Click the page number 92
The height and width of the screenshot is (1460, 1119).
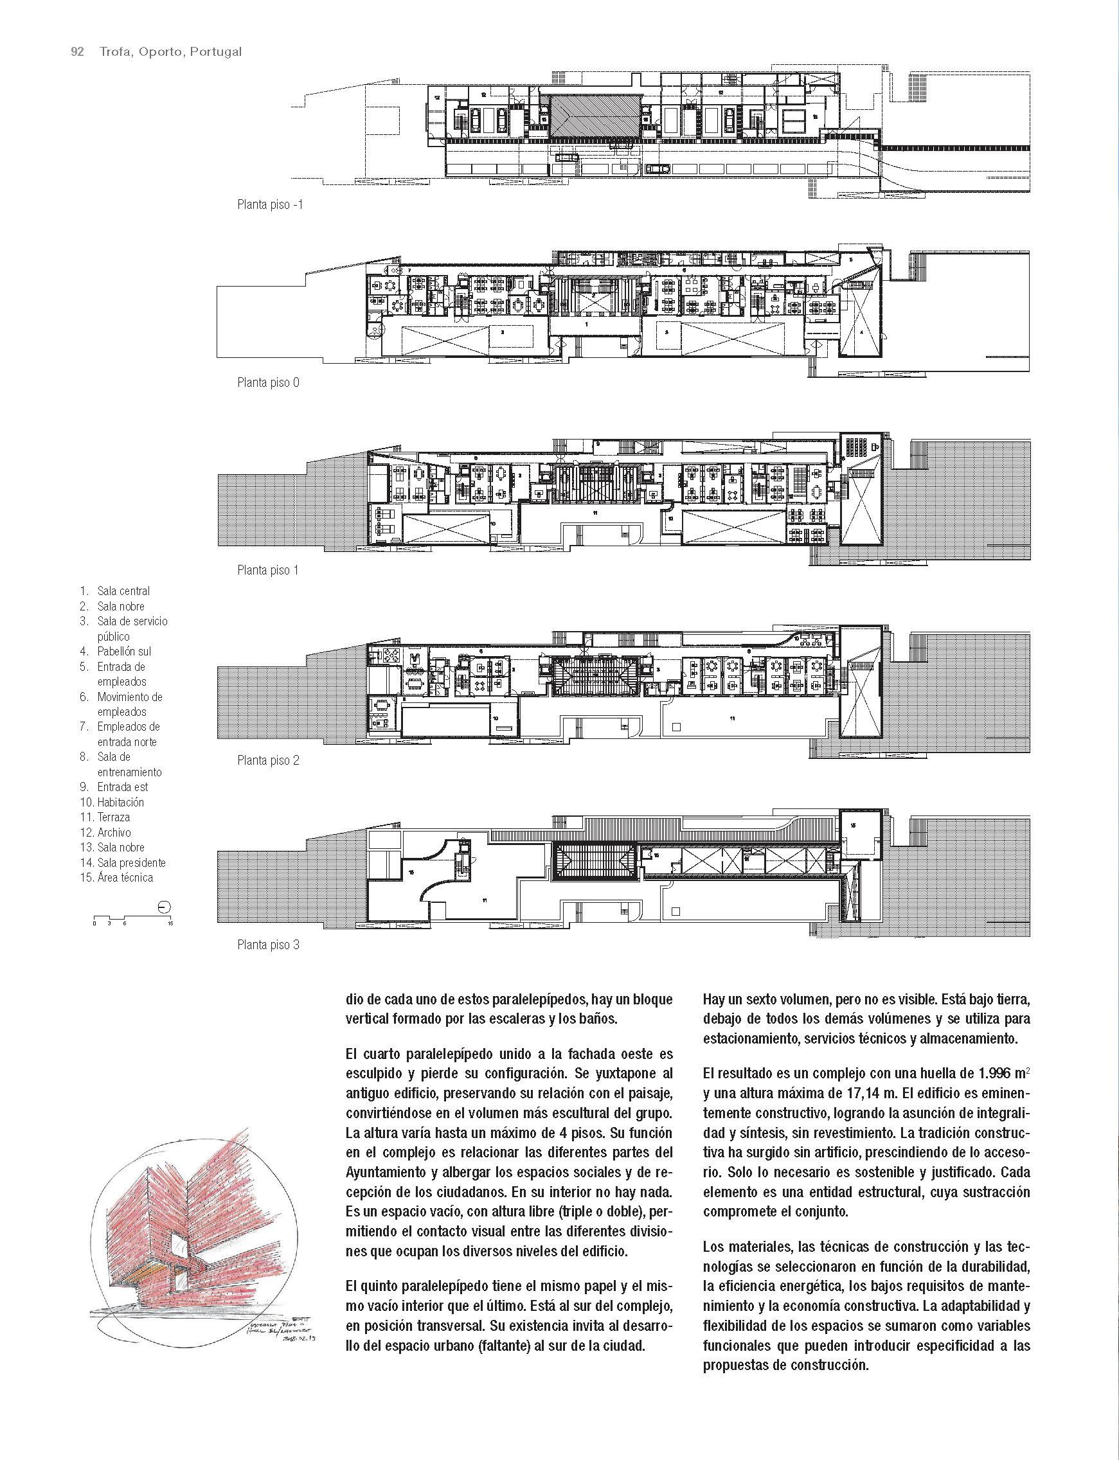tap(77, 52)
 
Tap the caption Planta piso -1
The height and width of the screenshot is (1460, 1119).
tap(270, 204)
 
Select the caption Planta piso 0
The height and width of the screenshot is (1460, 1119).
tap(269, 383)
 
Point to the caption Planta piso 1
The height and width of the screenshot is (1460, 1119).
tap(268, 570)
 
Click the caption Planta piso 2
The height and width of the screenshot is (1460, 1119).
tap(269, 760)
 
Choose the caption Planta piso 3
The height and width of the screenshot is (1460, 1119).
tap(269, 945)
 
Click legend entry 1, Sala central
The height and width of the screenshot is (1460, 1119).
tap(123, 591)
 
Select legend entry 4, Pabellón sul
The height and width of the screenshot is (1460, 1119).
tap(125, 651)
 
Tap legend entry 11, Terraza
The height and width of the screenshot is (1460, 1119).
tap(113, 817)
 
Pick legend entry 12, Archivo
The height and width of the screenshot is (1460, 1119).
tap(114, 832)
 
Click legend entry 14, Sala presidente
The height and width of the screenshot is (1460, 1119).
tap(131, 862)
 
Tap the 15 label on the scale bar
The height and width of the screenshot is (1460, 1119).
tap(170, 924)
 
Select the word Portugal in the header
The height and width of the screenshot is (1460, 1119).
tap(215, 52)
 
